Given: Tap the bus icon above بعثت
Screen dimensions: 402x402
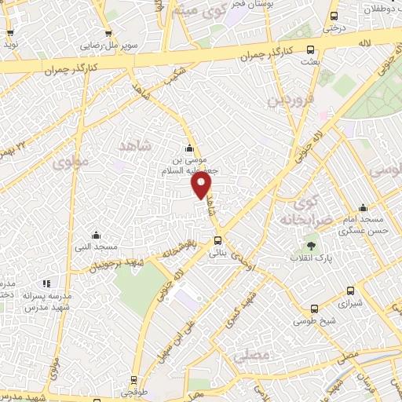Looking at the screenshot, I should click(311, 48).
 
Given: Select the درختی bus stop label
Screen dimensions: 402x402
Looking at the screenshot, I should click(334, 27).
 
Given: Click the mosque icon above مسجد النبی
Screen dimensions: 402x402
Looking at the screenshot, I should click(96, 235).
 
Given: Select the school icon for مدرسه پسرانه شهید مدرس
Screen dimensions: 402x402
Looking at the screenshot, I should click(46, 283).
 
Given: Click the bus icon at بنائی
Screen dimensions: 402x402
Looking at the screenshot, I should click(217, 241).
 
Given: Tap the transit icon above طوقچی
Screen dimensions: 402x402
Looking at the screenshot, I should click(133, 378).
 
